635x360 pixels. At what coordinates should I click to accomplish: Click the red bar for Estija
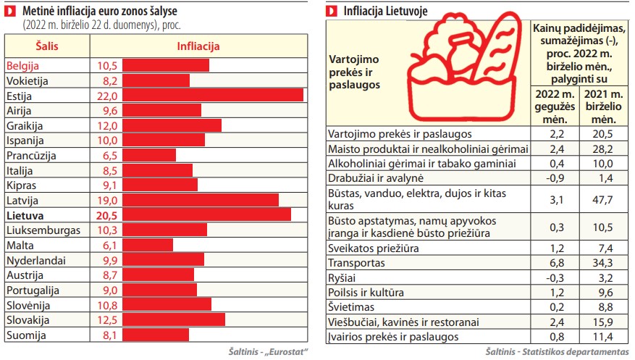coord(213,96)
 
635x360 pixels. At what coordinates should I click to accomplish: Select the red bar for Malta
coord(148,245)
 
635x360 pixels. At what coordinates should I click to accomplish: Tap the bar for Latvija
coord(201,200)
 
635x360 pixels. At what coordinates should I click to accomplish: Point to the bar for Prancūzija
coord(149,155)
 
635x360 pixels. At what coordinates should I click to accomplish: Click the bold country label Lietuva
coord(24,215)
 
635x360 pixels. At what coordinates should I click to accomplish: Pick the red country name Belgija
coord(25,65)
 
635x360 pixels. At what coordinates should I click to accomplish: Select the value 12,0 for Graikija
coord(106,125)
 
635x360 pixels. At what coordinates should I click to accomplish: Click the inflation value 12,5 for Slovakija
coord(106,319)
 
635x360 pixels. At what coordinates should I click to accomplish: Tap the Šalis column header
coord(46,46)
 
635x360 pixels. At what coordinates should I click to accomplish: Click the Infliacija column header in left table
coord(198,46)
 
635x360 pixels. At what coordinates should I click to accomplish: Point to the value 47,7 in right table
coord(602,199)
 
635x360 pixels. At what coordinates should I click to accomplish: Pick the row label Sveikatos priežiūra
coord(374,248)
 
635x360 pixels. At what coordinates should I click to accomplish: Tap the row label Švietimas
coord(353,307)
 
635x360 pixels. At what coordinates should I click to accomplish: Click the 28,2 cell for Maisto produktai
coord(602,148)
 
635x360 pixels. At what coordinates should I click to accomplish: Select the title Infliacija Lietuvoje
coord(384,11)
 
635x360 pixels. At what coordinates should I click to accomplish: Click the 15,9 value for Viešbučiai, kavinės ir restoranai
coord(602,322)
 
